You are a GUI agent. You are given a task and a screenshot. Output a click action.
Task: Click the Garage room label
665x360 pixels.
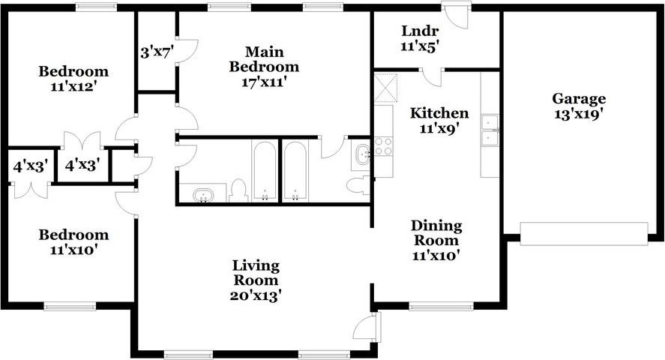click(x=579, y=99)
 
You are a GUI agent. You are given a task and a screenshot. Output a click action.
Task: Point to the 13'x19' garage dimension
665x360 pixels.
click(x=579, y=114)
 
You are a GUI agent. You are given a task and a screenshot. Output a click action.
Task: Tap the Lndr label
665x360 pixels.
click(x=419, y=31)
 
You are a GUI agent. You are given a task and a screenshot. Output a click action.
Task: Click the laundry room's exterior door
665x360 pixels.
click(x=456, y=15)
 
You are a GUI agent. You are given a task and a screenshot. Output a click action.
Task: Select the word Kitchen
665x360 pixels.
click(x=439, y=113)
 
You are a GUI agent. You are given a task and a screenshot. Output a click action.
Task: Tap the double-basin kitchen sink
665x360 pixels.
click(x=490, y=130)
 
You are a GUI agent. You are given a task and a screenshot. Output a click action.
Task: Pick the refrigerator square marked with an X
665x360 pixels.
click(x=386, y=88)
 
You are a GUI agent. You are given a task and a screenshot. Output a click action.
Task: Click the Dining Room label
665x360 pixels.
click(x=436, y=232)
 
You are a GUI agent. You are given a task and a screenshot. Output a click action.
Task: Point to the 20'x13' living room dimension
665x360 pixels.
click(x=256, y=295)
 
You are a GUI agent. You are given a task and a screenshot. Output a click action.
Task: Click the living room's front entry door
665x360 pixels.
click(x=367, y=327)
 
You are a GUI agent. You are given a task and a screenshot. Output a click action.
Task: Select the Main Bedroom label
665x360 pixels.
click(x=264, y=59)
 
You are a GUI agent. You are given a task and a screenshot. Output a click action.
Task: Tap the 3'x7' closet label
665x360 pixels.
click(x=157, y=53)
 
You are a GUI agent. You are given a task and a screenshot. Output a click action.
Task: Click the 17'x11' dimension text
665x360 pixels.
click(x=264, y=82)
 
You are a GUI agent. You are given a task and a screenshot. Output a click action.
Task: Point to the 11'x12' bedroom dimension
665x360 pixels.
click(x=73, y=86)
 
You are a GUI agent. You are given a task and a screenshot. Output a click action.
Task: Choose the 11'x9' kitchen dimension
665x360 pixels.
click(x=439, y=128)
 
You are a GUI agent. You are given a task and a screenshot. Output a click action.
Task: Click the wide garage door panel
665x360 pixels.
click(x=584, y=234)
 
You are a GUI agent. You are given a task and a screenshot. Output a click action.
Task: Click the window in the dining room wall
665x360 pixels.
click(x=441, y=306)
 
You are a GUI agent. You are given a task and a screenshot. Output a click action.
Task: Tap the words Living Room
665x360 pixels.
click(x=256, y=273)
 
